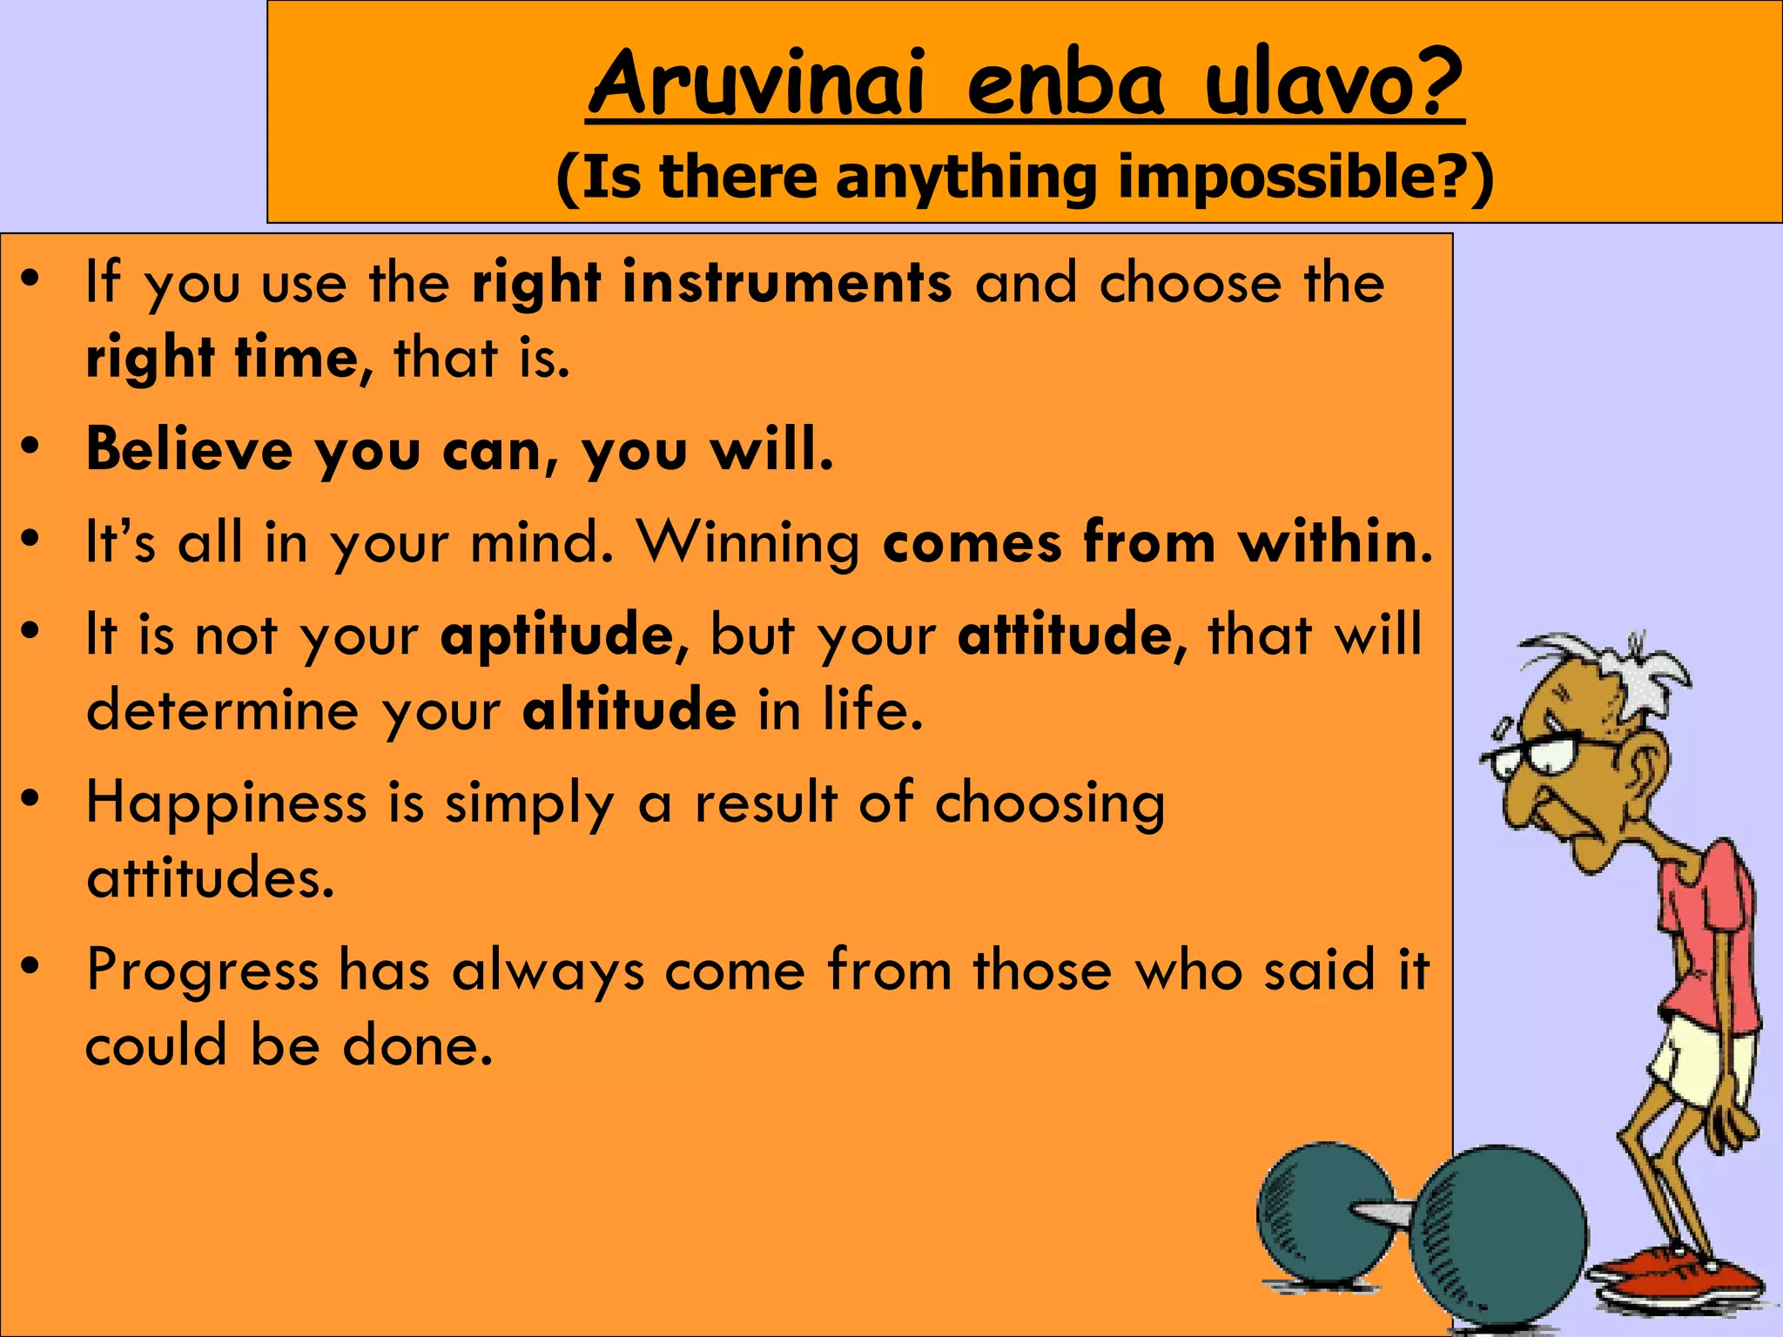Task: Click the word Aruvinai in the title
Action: (756, 84)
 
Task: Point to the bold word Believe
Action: (190, 450)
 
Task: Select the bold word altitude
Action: (629, 710)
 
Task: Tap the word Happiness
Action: (226, 803)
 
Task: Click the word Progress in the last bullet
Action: (202, 970)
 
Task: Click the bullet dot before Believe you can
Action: (31, 446)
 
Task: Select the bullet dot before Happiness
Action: (31, 799)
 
